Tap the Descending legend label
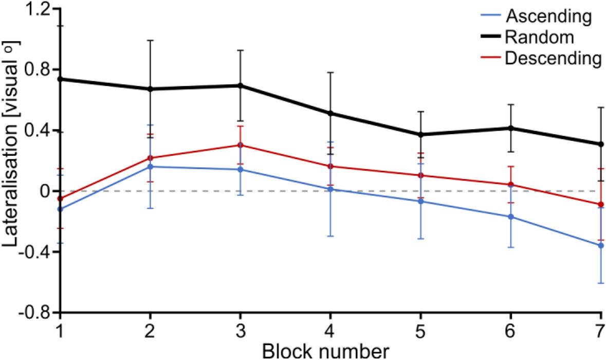553,58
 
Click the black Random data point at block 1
60,79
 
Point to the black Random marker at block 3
240,85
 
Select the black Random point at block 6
510,128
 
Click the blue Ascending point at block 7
600,246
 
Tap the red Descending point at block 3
240,145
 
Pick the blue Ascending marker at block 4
330,189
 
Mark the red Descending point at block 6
510,185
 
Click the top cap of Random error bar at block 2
150,40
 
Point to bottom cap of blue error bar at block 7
600,283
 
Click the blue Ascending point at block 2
150,167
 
